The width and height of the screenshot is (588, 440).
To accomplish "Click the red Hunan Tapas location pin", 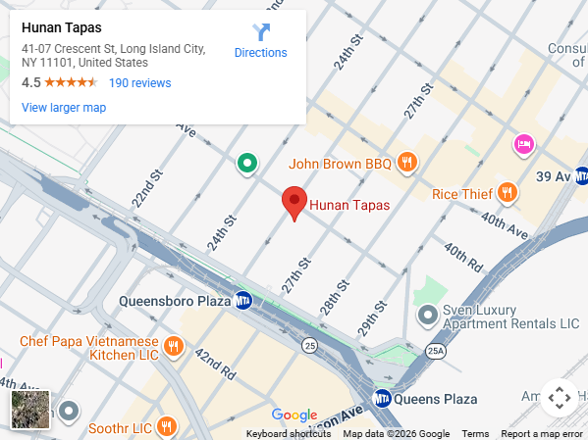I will tap(293, 201).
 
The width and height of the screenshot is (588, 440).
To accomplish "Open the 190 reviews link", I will tap(139, 83).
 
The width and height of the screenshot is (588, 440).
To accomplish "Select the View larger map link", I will tap(64, 108).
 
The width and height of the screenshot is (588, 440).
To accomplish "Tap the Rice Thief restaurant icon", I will tap(508, 193).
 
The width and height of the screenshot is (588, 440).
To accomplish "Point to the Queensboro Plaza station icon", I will tap(243, 301).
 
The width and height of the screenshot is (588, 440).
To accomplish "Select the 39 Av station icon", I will tap(581, 176).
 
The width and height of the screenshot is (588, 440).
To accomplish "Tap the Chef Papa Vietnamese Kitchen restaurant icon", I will tap(174, 345).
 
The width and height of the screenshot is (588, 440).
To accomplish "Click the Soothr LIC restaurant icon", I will tap(167, 427).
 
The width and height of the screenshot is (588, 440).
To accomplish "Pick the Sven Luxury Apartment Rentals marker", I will tap(428, 316).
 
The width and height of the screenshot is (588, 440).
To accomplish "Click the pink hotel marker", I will tap(524, 145).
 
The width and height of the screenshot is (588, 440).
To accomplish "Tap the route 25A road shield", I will tap(437, 349).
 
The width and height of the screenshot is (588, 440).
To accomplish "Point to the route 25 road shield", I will tap(309, 345).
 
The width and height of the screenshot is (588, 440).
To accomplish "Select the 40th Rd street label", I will tap(462, 258).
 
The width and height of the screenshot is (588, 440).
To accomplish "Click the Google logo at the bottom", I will tap(294, 416).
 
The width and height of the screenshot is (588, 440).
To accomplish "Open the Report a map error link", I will tap(542, 433).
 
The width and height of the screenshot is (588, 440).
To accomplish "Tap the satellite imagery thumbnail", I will tap(29, 410).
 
